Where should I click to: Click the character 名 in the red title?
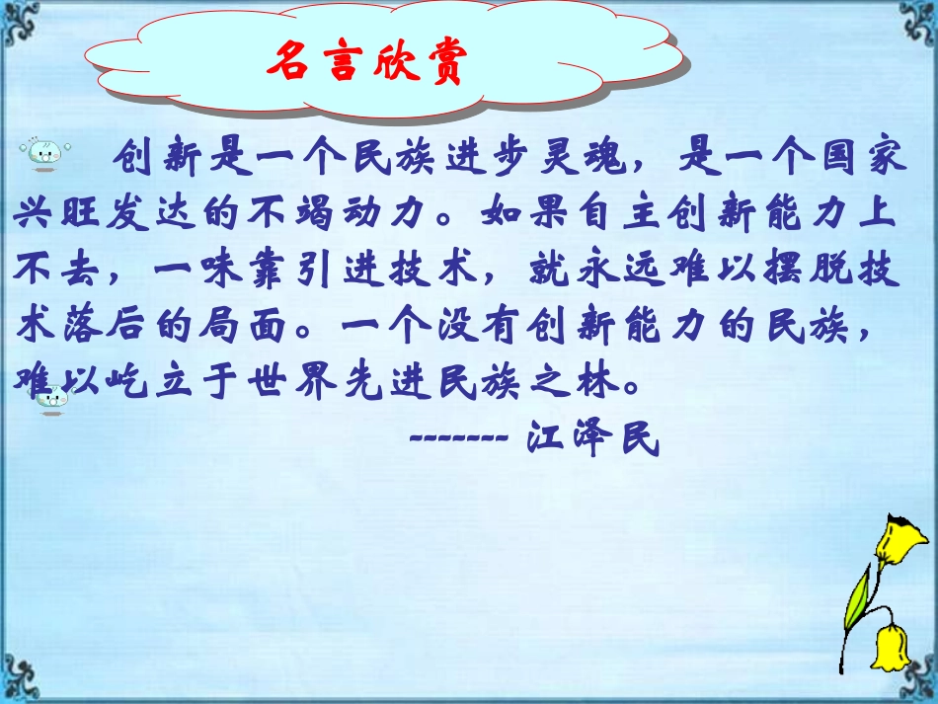point(292,64)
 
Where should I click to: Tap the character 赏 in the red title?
point(439,64)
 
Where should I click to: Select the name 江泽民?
point(592,437)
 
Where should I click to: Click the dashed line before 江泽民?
point(458,437)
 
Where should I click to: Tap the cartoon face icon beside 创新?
point(45,152)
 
